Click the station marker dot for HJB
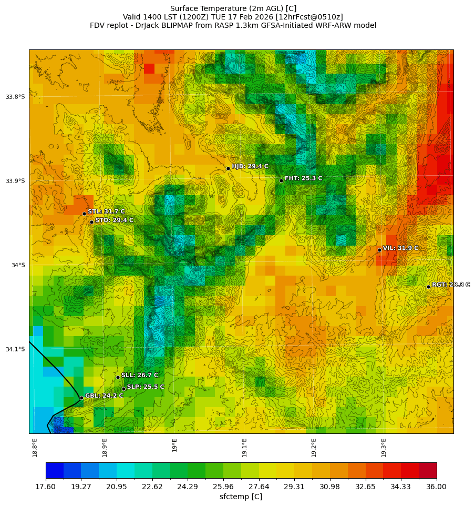click(x=228, y=168)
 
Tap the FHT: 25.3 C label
click(x=303, y=178)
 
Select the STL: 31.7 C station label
click(x=106, y=211)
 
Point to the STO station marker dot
click(x=91, y=222)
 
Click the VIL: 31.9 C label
click(x=400, y=248)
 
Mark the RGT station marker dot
click(x=428, y=287)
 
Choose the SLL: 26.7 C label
click(x=139, y=375)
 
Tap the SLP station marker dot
click(x=123, y=389)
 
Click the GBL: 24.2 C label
click(x=104, y=396)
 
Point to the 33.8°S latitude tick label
click(x=15, y=97)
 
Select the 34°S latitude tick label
click(x=18, y=265)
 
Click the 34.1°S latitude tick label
click(x=15, y=349)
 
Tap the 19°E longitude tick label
click(x=174, y=444)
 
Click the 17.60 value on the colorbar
click(x=46, y=487)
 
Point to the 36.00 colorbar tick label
click(x=436, y=487)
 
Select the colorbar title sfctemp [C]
click(x=241, y=497)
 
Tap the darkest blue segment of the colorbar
click(x=55, y=470)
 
